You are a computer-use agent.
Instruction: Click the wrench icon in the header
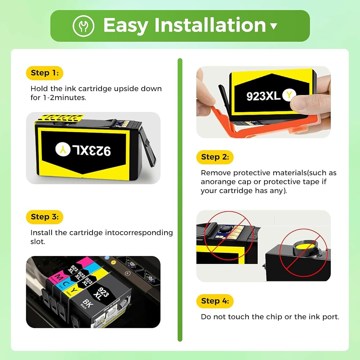click(x=84, y=26)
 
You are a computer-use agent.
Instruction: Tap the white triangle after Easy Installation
click(x=274, y=26)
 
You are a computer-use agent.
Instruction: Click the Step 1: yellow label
click(x=45, y=73)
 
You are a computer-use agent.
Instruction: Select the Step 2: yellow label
click(x=215, y=157)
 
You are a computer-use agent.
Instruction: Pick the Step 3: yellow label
click(x=45, y=217)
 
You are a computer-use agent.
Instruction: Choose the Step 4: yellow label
click(x=215, y=301)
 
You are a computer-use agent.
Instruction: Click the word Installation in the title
click(x=210, y=25)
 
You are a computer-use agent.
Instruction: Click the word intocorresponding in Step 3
click(x=139, y=233)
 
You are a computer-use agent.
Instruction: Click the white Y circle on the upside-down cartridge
click(x=63, y=149)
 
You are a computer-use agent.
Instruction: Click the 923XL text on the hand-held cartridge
click(x=264, y=96)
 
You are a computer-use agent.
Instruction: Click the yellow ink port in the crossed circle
click(x=305, y=247)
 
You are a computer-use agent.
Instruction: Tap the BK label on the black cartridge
click(x=88, y=303)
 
